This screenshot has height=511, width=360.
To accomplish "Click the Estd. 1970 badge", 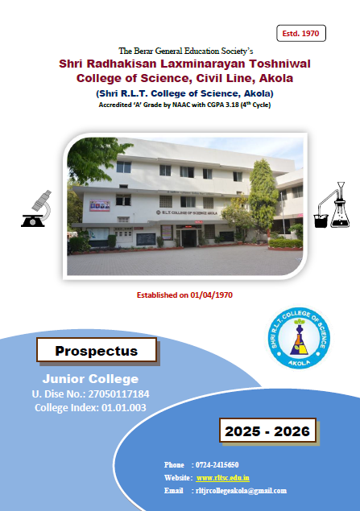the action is tap(301, 33).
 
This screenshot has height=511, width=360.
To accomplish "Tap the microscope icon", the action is tap(37, 208).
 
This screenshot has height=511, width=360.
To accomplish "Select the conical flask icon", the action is tap(340, 205).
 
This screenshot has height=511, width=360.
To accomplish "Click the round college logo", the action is tap(299, 338).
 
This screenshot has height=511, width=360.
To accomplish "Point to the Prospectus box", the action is tap(97, 350).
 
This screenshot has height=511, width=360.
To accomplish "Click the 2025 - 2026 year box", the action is tap(267, 431).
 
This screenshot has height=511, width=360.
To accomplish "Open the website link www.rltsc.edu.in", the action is tap(223, 478).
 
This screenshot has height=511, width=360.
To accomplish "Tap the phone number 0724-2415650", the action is tap(217, 464).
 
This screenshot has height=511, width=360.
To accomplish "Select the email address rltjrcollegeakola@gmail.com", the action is tap(241, 490).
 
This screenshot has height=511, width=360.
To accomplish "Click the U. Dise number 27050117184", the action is tap(118, 394).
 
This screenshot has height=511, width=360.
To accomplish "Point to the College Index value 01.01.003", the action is tap(123, 408).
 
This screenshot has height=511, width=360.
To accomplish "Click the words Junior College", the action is tap(90, 379).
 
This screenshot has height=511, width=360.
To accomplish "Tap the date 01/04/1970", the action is tap(211, 295).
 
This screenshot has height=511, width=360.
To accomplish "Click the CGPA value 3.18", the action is tap(230, 105).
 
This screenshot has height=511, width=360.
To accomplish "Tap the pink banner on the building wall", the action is tap(100, 205).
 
